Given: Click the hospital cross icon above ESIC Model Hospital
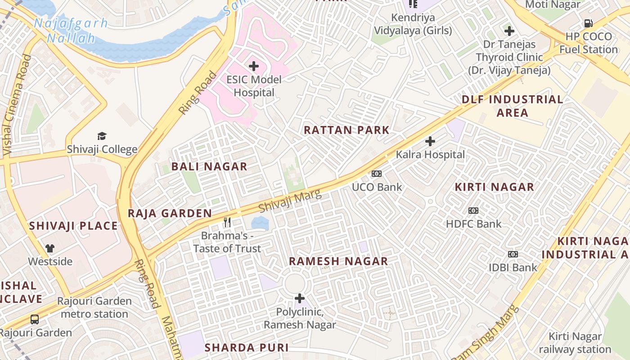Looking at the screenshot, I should coord(254,67).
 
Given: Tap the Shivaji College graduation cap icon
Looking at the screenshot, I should coord(102,136).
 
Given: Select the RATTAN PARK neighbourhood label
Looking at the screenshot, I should coord(346,130).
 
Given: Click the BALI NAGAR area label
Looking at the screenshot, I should coord(209,166).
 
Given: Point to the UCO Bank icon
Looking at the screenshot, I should coord(376,174).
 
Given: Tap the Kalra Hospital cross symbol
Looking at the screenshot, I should coord(430,141).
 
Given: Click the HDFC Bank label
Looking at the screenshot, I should coord(473,224).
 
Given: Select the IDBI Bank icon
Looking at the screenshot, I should coord(513,254).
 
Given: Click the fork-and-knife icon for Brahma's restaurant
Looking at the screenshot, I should coord(227,222).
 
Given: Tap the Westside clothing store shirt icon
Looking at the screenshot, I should coord(50,248).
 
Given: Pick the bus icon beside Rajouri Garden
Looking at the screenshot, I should coord(35,319).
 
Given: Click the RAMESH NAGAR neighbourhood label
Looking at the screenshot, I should coord(338,261).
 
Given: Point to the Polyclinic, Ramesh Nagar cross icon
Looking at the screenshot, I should coord(299,298).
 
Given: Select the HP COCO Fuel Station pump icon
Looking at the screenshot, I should coord(588,23).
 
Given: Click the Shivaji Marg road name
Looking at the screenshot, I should coord(290,201).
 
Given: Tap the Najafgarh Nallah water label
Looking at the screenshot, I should coord(71,30).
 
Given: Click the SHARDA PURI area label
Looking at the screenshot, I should coord(246,348).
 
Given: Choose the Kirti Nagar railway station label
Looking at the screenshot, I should coord(575,343).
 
